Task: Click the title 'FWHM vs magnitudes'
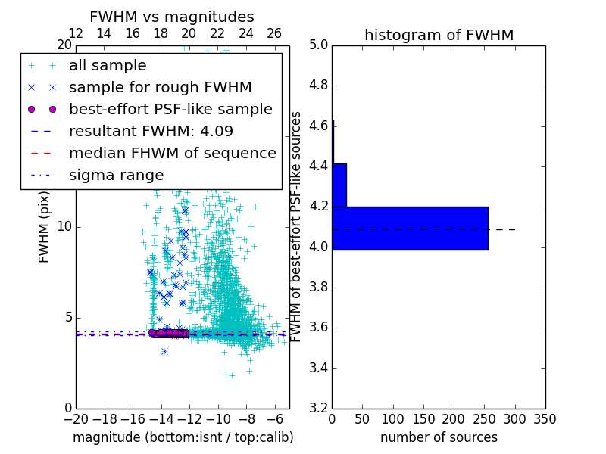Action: pyautogui.click(x=172, y=17)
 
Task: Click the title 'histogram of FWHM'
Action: pyautogui.click(x=439, y=35)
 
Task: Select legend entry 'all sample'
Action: pyautogui.click(x=108, y=66)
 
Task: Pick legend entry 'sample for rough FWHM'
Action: pyautogui.click(x=160, y=87)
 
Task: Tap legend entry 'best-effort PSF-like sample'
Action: pyautogui.click(x=170, y=109)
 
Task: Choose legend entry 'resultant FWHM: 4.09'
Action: pyautogui.click(x=151, y=131)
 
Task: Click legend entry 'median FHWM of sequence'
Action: pyautogui.click(x=172, y=153)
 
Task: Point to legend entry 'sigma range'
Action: pyautogui.click(x=116, y=175)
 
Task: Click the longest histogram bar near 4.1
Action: pyautogui.click(x=410, y=228)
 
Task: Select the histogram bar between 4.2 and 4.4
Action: pyautogui.click(x=339, y=185)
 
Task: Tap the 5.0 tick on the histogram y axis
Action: pyautogui.click(x=319, y=45)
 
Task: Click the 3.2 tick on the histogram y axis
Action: pyautogui.click(x=319, y=408)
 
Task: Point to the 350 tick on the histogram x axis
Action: pyautogui.click(x=545, y=419)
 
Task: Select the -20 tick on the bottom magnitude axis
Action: pyautogui.click(x=76, y=419)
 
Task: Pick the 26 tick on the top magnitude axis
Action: pyautogui.click(x=274, y=33)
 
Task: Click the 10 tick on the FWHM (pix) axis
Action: pyautogui.click(x=65, y=226)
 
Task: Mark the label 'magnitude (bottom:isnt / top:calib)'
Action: pyautogui.click(x=183, y=437)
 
